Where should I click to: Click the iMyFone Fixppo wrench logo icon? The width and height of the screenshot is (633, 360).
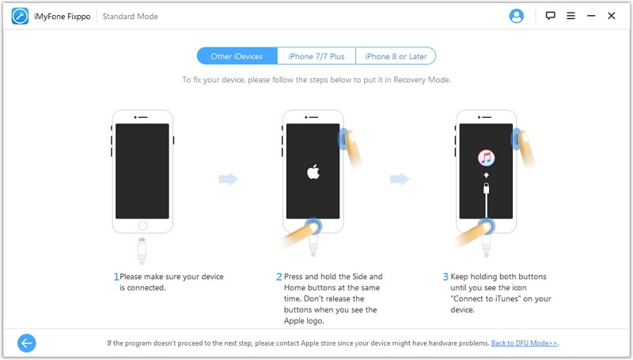coord(20,16)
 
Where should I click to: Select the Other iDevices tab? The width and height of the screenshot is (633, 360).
coord(237,56)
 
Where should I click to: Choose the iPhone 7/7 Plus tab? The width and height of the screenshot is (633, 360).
coord(316,56)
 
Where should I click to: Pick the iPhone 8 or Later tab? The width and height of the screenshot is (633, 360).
coord(396,56)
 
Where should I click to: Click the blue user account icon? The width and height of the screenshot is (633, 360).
coord(517,16)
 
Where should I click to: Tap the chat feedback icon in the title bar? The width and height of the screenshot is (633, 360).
coord(550,16)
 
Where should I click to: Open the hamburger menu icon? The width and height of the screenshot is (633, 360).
coord(570,16)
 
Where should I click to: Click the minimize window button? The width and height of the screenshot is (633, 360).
coord(591,16)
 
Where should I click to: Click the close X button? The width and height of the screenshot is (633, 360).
coord(612,16)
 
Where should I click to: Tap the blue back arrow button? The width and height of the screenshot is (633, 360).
coord(27,343)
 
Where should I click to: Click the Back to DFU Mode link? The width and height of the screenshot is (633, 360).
coord(524,343)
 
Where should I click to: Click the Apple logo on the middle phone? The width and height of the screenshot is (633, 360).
coord(313,172)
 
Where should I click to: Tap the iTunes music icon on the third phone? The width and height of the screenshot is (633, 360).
coord(486,157)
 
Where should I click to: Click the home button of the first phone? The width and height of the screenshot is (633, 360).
coord(142,225)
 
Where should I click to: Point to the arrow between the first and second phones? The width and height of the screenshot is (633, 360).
coord(229,179)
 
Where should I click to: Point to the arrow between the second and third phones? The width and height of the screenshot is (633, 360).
coord(400,179)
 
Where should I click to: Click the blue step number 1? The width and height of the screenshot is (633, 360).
coord(116,276)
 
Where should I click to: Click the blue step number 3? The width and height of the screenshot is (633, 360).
coord(445,276)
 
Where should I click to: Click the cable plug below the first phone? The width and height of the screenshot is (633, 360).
coord(142,251)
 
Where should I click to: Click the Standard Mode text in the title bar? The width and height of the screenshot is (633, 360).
coord(130,17)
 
